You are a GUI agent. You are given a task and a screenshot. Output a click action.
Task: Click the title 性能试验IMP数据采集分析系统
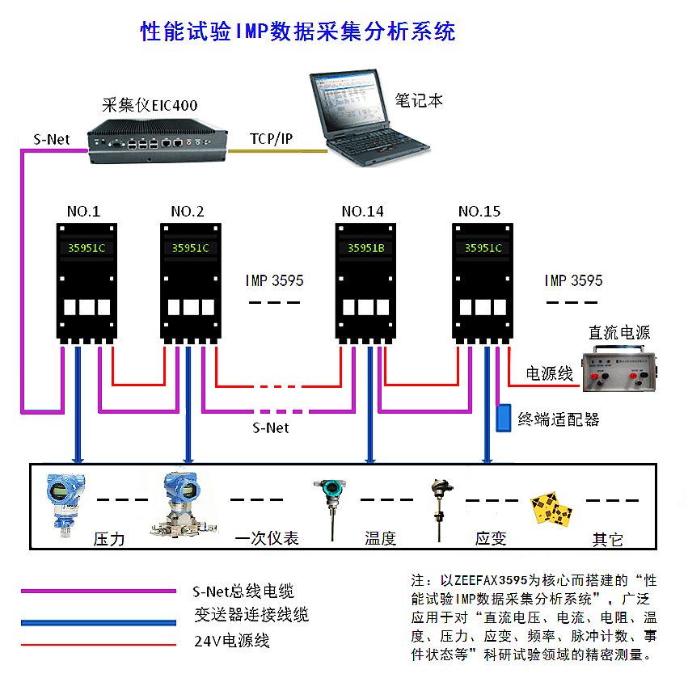click(x=298, y=32)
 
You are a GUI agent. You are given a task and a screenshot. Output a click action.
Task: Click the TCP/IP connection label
click(x=271, y=139)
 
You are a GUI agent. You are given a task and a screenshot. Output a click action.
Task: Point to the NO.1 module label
click(x=83, y=212)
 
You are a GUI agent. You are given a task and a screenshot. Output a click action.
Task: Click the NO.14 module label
click(x=363, y=212)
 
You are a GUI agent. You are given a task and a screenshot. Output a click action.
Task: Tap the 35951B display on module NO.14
click(x=366, y=248)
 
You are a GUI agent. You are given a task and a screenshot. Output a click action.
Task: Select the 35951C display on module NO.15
click(x=483, y=248)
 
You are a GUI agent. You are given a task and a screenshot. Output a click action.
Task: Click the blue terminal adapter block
click(x=504, y=417)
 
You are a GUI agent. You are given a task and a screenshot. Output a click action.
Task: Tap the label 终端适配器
click(x=559, y=419)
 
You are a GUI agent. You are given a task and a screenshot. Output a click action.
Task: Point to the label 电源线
click(x=549, y=374)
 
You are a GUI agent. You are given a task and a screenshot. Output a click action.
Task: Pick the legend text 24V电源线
click(x=231, y=641)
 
